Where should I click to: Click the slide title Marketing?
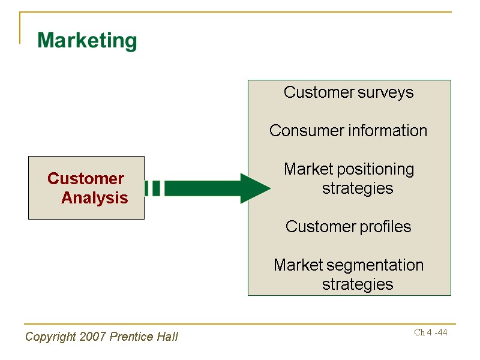tap(87, 41)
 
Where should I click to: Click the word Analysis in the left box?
tap(95, 198)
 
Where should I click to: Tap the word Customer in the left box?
tap(86, 179)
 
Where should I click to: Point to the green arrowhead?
tap(254, 188)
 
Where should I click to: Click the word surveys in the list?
tap(386, 92)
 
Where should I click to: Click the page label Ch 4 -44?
tap(431, 332)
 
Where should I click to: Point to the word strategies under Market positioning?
tap(358, 188)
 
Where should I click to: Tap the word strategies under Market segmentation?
tap(358, 284)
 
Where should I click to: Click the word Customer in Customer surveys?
tap(319, 92)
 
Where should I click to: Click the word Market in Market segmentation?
tap(298, 265)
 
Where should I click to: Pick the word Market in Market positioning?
tap(308, 169)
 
